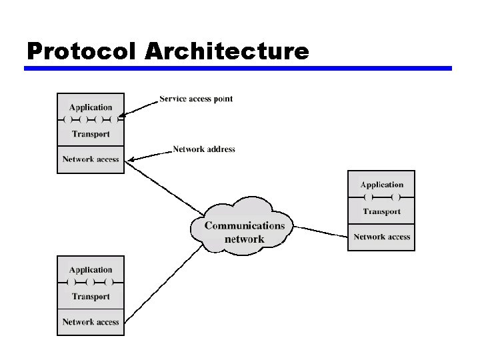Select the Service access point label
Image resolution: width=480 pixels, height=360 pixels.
[x=196, y=99]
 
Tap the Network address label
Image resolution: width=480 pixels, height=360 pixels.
[x=204, y=149]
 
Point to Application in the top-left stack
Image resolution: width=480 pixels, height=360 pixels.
[x=91, y=107]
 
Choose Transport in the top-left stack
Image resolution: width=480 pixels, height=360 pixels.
[x=91, y=134]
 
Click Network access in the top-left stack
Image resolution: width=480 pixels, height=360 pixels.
[x=91, y=159]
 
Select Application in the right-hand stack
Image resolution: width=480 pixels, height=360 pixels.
[x=382, y=185]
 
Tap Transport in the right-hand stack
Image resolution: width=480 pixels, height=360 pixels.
[x=382, y=211]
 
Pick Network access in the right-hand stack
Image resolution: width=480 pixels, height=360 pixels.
[x=382, y=237]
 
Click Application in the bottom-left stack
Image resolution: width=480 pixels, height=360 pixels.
[x=91, y=270]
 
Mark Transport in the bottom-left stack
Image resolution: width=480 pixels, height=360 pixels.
[x=91, y=297]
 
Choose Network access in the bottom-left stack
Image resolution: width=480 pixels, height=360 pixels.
[x=91, y=322]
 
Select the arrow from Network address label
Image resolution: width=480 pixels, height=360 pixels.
[x=150, y=155]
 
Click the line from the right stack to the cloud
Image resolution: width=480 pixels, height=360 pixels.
[x=320, y=231]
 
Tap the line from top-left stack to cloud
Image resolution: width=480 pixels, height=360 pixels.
[x=163, y=189]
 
